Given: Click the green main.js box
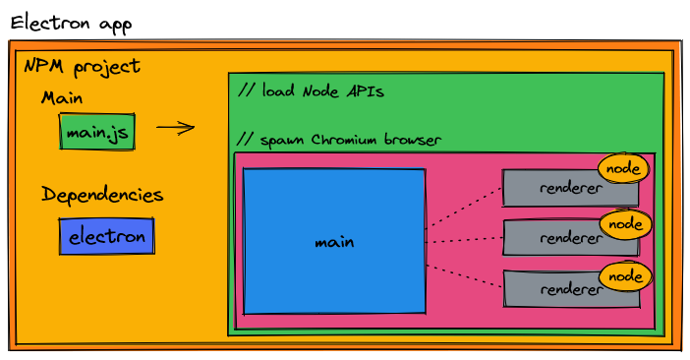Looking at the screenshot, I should pyautogui.click(x=97, y=132).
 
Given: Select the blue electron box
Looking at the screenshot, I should pyautogui.click(x=106, y=236).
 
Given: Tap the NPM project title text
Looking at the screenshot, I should pyautogui.click(x=82, y=67).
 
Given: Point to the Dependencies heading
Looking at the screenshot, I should pyautogui.click(x=102, y=194).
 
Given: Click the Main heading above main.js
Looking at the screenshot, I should pyautogui.click(x=62, y=98).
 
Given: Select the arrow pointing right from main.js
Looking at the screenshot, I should pyautogui.click(x=175, y=127).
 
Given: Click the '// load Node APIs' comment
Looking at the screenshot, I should pyautogui.click(x=311, y=90).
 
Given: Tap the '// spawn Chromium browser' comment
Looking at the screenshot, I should pyautogui.click(x=340, y=140).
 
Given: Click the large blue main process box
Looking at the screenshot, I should pyautogui.click(x=334, y=241).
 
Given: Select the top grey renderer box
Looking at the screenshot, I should pyautogui.click(x=555, y=188).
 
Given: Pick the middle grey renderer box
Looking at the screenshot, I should pyautogui.click(x=555, y=238).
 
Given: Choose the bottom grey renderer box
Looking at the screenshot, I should pyautogui.click(x=555, y=288).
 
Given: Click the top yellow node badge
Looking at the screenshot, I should pyautogui.click(x=624, y=168).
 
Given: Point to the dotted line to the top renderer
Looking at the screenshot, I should pyautogui.click(x=464, y=207).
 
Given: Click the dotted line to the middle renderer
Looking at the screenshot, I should pyautogui.click(x=464, y=239).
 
